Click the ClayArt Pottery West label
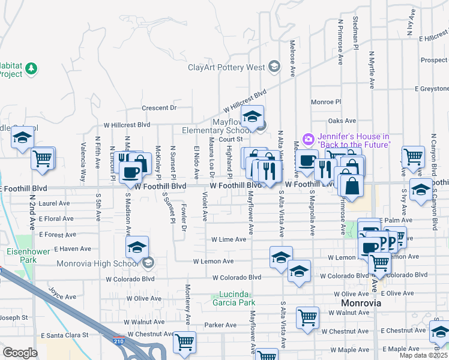[226, 67]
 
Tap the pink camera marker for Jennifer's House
[309, 139]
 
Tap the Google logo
[20, 352]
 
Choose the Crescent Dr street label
[159, 108]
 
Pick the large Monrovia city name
[361, 304]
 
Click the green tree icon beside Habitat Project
[31, 70]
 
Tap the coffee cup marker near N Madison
[130, 172]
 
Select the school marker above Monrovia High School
[137, 246]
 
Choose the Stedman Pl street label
[356, 34]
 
